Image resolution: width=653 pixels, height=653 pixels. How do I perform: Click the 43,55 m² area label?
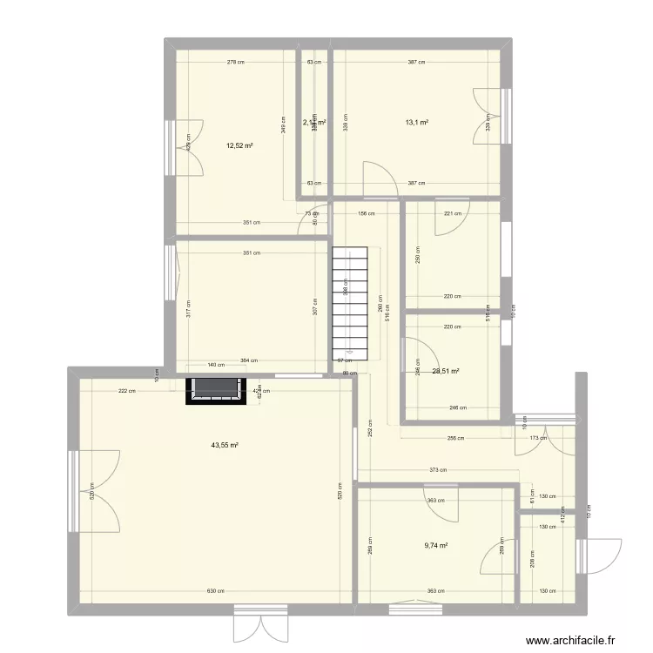(x=225, y=445)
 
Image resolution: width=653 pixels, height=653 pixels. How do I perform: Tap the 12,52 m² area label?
(x=239, y=146)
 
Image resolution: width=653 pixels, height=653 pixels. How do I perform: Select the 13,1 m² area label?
(x=416, y=123)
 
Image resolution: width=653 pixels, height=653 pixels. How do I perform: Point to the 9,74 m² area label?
(x=435, y=546)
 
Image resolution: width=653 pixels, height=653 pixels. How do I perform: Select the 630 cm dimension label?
(x=214, y=592)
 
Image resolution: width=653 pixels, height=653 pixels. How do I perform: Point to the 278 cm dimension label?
(x=235, y=63)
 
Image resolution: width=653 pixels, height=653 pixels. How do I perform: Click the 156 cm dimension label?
(x=367, y=213)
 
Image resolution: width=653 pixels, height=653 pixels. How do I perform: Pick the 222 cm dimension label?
(x=126, y=391)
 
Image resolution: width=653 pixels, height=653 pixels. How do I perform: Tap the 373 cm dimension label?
(x=438, y=471)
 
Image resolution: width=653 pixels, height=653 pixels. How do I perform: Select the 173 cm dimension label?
(x=536, y=438)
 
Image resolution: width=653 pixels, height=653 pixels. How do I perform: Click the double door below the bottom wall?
(x=259, y=623)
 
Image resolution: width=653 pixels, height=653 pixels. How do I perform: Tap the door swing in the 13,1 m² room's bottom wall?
(x=378, y=178)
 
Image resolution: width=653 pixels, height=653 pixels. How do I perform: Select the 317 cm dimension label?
(x=188, y=308)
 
